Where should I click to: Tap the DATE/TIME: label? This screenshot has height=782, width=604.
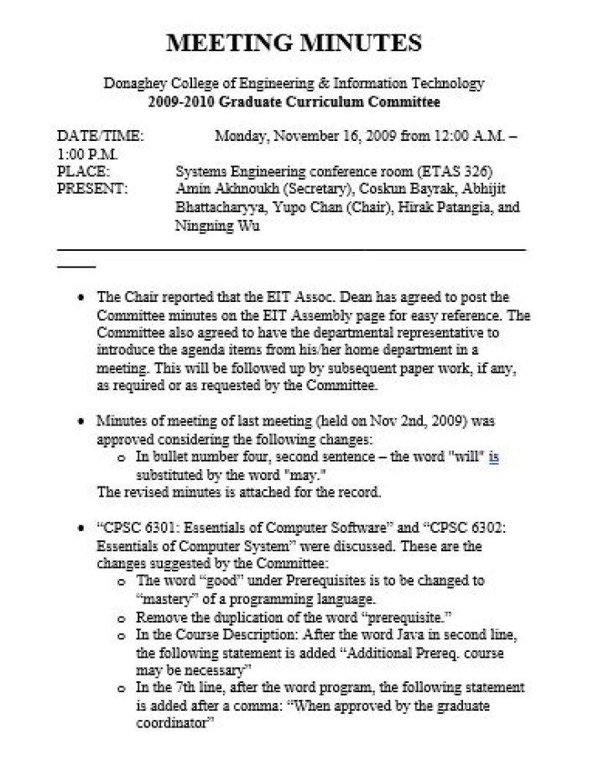100,136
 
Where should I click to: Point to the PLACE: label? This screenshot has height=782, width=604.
83,171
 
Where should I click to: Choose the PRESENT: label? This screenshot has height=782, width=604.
92,189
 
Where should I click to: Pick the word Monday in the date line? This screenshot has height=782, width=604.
242,136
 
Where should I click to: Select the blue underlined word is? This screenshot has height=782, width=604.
494,457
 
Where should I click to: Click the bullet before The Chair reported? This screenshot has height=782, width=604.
79,298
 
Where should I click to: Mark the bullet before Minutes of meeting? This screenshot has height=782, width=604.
79,421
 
